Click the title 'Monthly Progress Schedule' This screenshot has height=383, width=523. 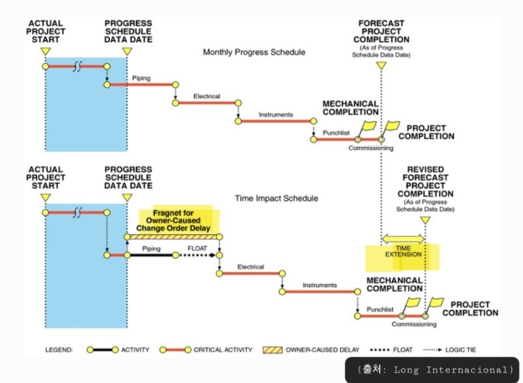click(254, 52)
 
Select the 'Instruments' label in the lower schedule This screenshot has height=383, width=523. click(320, 285)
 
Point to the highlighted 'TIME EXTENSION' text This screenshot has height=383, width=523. click(403, 253)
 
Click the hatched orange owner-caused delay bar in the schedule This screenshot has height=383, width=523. click(175, 236)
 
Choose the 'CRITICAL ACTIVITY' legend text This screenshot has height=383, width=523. click(223, 350)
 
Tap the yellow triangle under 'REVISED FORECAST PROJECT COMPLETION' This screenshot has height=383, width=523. click(425, 221)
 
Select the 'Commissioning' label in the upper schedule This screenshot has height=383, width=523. click(371, 148)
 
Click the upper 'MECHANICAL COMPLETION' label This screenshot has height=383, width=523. click(350, 108)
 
